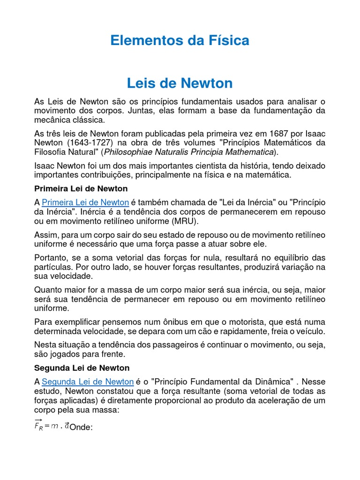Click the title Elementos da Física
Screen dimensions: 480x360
click(x=180, y=41)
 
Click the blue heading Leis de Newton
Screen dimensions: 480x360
click(x=180, y=83)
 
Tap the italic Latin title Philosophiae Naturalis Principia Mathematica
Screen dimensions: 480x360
click(x=188, y=152)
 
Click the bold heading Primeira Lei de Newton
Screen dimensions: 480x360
click(x=81, y=188)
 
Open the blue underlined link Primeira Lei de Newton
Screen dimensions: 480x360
click(x=85, y=202)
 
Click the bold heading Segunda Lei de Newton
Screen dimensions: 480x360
click(x=82, y=367)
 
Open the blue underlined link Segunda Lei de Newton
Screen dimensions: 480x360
click(x=88, y=381)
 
